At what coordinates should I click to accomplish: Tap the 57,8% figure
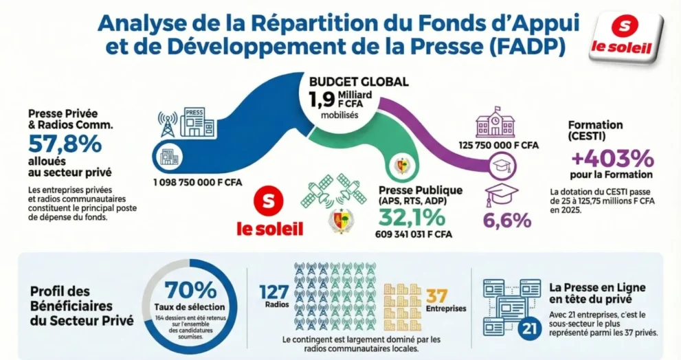click(65, 144)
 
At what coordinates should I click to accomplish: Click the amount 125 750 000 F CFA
click(498, 145)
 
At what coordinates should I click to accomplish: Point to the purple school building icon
click(495, 124)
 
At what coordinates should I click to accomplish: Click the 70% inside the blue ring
click(192, 290)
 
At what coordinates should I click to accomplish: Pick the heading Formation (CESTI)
click(595, 131)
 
